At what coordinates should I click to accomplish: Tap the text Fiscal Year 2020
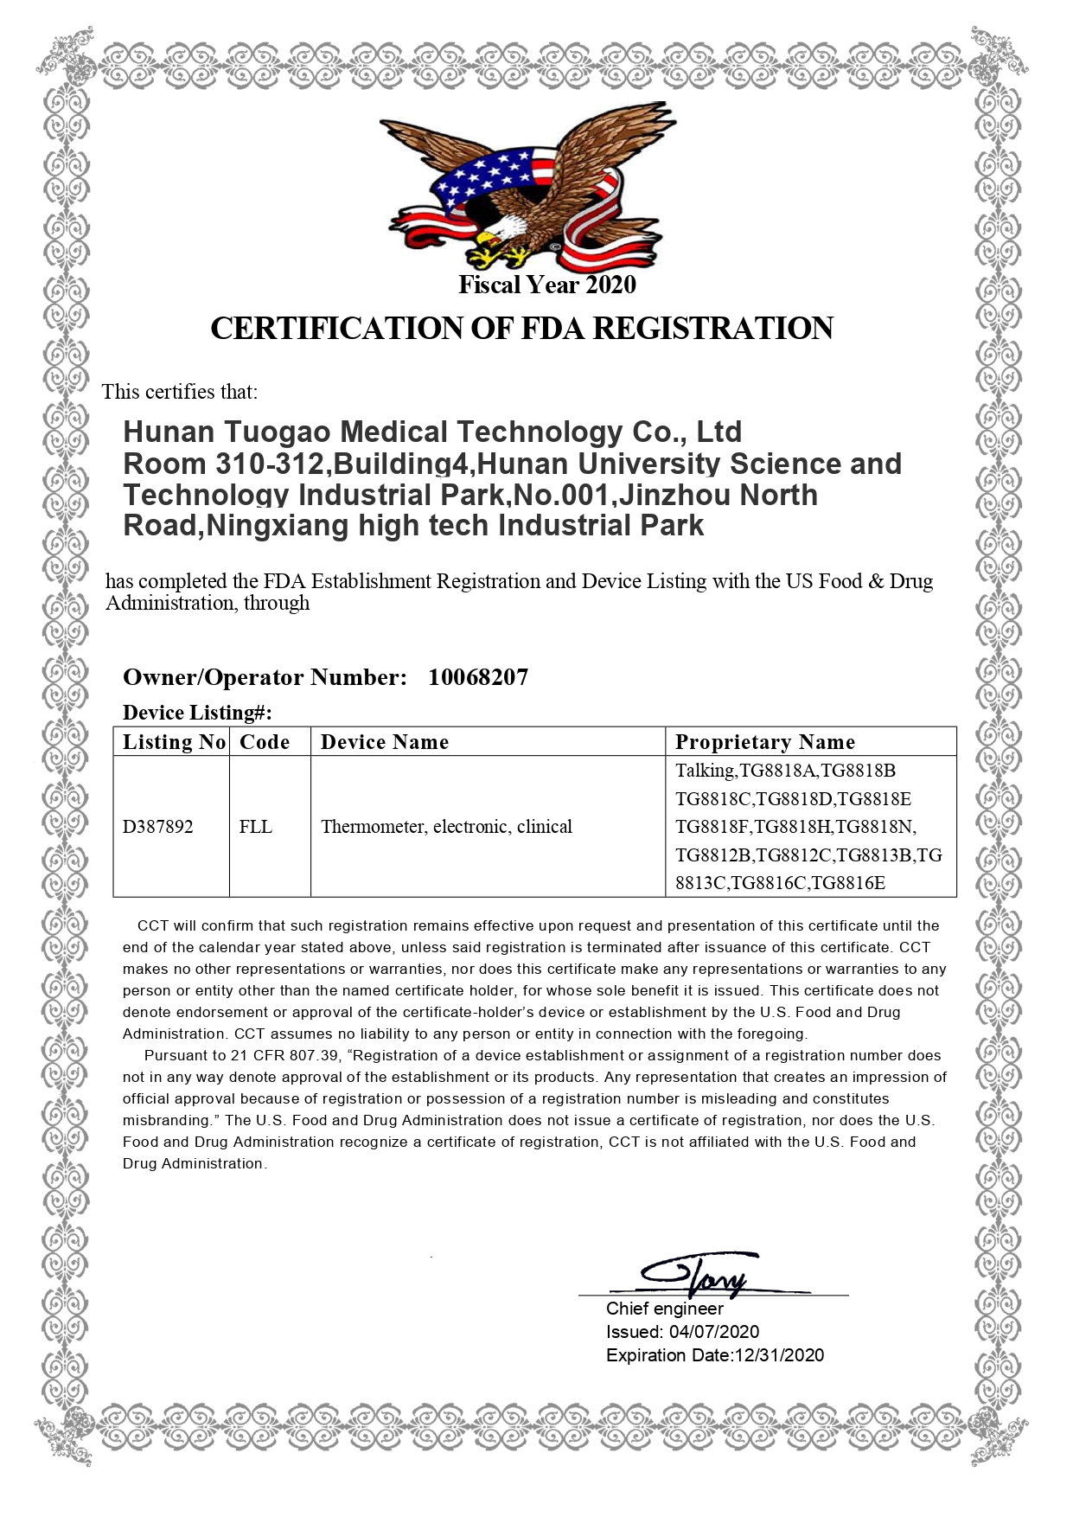(546, 285)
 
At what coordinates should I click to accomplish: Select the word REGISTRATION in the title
(712, 329)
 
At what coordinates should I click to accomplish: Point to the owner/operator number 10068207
(478, 677)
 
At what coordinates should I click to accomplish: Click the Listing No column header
(173, 742)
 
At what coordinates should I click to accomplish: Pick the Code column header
(265, 742)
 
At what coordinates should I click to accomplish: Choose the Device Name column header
(385, 742)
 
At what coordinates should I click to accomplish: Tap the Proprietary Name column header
(765, 742)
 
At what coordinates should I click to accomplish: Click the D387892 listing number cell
(158, 827)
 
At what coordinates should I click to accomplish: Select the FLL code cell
(256, 827)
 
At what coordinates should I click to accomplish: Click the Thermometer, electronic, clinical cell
(446, 827)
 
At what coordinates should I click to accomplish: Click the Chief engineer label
(664, 1309)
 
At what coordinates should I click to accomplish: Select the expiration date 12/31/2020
(778, 1355)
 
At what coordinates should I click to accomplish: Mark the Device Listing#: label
(197, 713)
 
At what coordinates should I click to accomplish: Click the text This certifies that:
(180, 392)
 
